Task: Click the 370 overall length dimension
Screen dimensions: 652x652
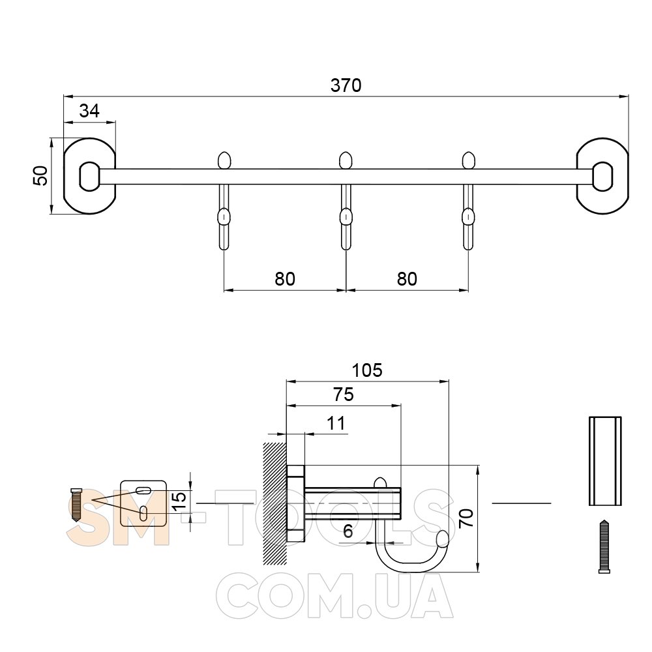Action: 346,85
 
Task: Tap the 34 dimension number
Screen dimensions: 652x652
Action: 89,111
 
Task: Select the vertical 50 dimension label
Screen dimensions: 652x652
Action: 41,175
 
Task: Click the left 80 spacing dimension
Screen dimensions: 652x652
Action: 285,279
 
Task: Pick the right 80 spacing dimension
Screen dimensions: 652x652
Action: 407,279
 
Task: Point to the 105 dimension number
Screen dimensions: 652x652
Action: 366,370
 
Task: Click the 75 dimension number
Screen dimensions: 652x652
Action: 344,394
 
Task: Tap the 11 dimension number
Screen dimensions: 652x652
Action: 336,423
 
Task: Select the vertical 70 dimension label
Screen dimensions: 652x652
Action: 467,518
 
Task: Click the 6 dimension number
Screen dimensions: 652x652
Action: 348,531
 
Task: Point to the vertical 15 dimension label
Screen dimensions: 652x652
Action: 179,502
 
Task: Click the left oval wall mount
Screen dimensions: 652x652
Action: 89,176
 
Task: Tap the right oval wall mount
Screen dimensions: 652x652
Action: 602,176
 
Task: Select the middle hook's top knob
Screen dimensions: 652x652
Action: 346,160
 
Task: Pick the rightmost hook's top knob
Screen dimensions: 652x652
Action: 468,160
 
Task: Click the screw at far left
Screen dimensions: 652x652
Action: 76,505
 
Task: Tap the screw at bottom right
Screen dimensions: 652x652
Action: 604,547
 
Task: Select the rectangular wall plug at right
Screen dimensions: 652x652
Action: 605,461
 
